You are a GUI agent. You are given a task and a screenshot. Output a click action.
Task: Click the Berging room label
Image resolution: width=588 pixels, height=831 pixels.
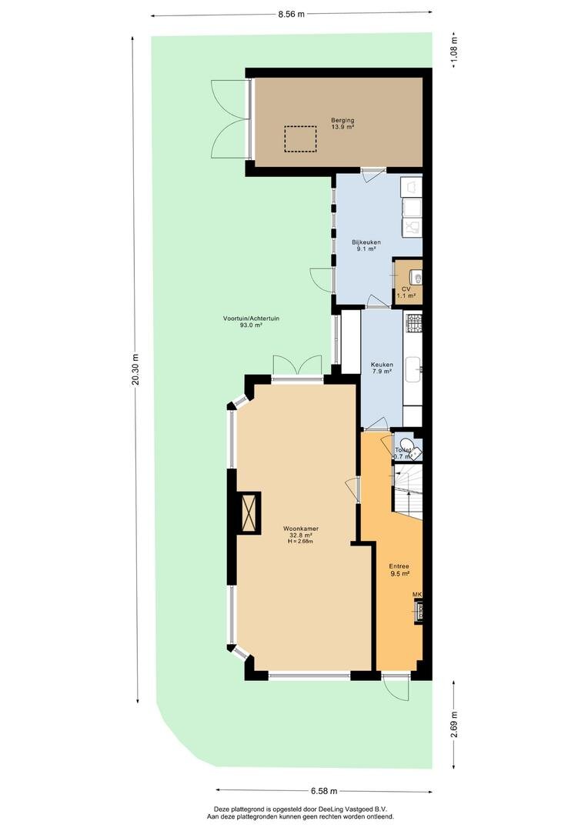coord(342,120)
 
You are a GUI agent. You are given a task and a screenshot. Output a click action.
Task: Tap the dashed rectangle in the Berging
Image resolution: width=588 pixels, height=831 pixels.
coord(301,138)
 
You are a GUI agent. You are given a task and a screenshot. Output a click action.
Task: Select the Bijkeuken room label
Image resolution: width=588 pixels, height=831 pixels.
coord(366,242)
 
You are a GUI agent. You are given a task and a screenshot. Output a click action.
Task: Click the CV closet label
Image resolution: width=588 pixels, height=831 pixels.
coord(406,289)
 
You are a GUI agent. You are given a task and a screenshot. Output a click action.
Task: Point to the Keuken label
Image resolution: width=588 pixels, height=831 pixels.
coord(382,365)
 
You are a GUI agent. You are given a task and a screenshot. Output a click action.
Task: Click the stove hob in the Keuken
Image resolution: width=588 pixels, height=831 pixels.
coord(413,323)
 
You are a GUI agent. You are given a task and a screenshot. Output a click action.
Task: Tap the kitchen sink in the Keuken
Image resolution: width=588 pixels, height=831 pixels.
coord(413,369)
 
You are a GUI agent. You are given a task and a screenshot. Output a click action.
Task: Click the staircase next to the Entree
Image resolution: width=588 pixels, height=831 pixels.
coord(408,490)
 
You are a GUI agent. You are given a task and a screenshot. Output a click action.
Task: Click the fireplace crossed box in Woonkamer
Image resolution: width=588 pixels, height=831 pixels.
coord(248,512)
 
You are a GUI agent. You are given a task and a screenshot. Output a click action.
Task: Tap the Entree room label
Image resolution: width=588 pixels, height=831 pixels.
coord(399,566)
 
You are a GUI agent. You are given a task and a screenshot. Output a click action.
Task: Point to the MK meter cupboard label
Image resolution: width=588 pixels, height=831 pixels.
coord(417,595)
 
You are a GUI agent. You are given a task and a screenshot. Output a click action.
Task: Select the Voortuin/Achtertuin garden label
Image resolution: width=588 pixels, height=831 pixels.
coord(252,319)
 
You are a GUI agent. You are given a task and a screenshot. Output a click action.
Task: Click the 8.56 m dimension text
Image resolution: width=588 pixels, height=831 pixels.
coord(292,15)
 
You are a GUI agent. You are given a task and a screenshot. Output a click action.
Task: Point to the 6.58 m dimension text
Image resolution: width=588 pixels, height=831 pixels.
coord(325,791)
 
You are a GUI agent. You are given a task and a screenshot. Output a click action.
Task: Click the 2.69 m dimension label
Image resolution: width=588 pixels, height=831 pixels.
coord(454,724)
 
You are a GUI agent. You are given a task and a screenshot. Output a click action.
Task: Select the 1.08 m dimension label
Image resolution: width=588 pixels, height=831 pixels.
coord(454,50)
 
